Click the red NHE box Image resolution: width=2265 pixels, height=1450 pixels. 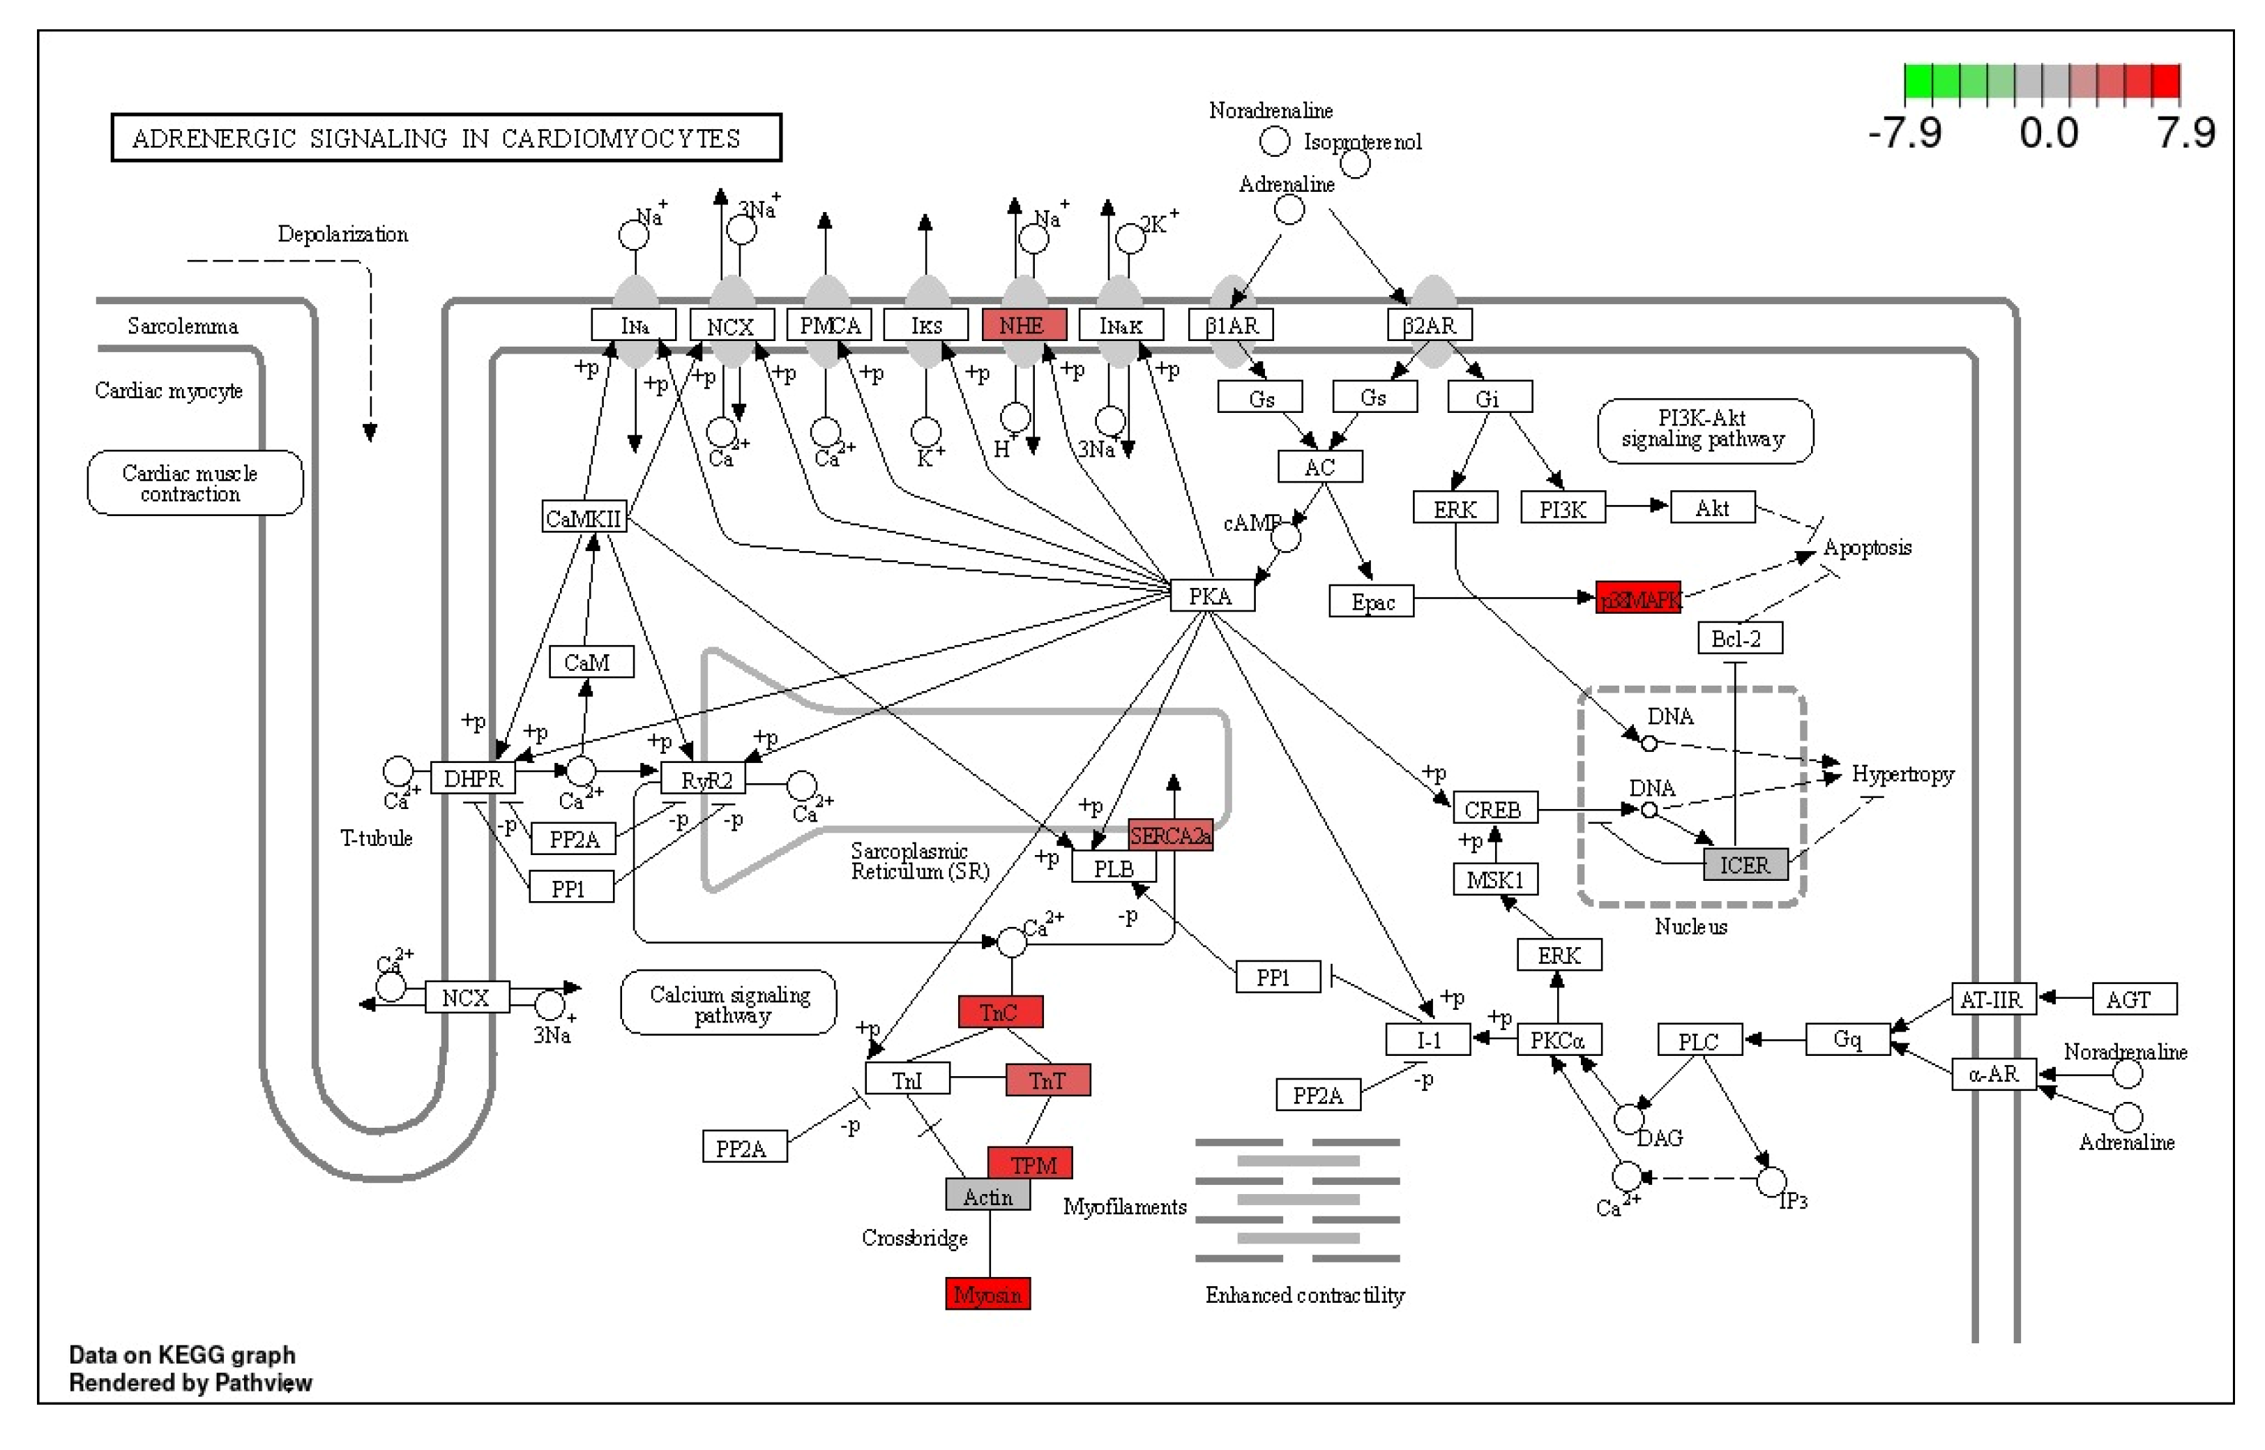click(x=1023, y=325)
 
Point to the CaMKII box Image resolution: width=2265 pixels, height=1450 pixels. click(x=584, y=517)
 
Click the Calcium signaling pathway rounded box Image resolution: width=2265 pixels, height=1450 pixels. click(x=729, y=1004)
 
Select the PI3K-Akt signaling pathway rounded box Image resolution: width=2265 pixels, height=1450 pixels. click(x=1705, y=430)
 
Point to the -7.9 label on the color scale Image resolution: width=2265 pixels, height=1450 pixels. click(x=1904, y=133)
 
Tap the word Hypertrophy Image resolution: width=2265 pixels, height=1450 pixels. click(x=1902, y=774)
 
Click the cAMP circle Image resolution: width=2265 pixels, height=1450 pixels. click(x=1286, y=538)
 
